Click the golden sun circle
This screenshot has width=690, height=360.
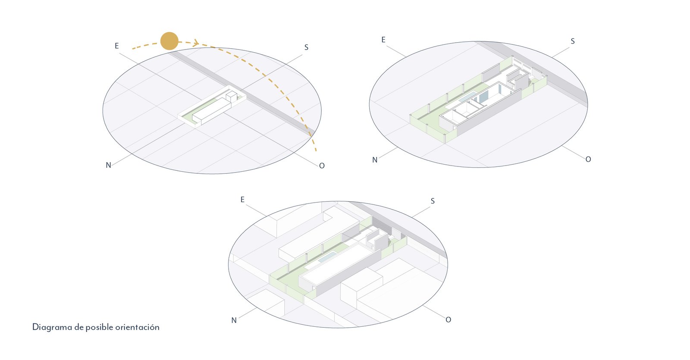click(x=169, y=41)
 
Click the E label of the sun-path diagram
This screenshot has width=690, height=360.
click(x=117, y=46)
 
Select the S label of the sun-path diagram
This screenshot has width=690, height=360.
click(x=306, y=47)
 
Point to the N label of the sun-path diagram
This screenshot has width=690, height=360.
click(x=108, y=165)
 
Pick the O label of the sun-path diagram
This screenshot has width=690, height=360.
click(x=322, y=166)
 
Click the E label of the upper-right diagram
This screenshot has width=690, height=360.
click(x=383, y=40)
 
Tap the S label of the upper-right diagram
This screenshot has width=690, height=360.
click(x=573, y=41)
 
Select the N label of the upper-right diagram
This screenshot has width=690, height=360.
click(x=375, y=160)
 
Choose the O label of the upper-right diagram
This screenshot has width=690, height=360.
click(x=588, y=160)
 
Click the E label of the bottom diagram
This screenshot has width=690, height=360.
click(x=242, y=200)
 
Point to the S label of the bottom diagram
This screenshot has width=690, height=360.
click(x=433, y=201)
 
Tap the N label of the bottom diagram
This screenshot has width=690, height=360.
click(x=234, y=320)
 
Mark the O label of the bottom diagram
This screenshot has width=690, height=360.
click(x=448, y=320)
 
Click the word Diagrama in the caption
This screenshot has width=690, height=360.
click(x=52, y=327)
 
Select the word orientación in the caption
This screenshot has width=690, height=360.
click(x=138, y=327)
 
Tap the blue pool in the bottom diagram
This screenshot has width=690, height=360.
click(x=327, y=257)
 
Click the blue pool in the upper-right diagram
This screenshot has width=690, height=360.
click(x=467, y=97)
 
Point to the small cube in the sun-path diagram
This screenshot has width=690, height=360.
click(x=231, y=96)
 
